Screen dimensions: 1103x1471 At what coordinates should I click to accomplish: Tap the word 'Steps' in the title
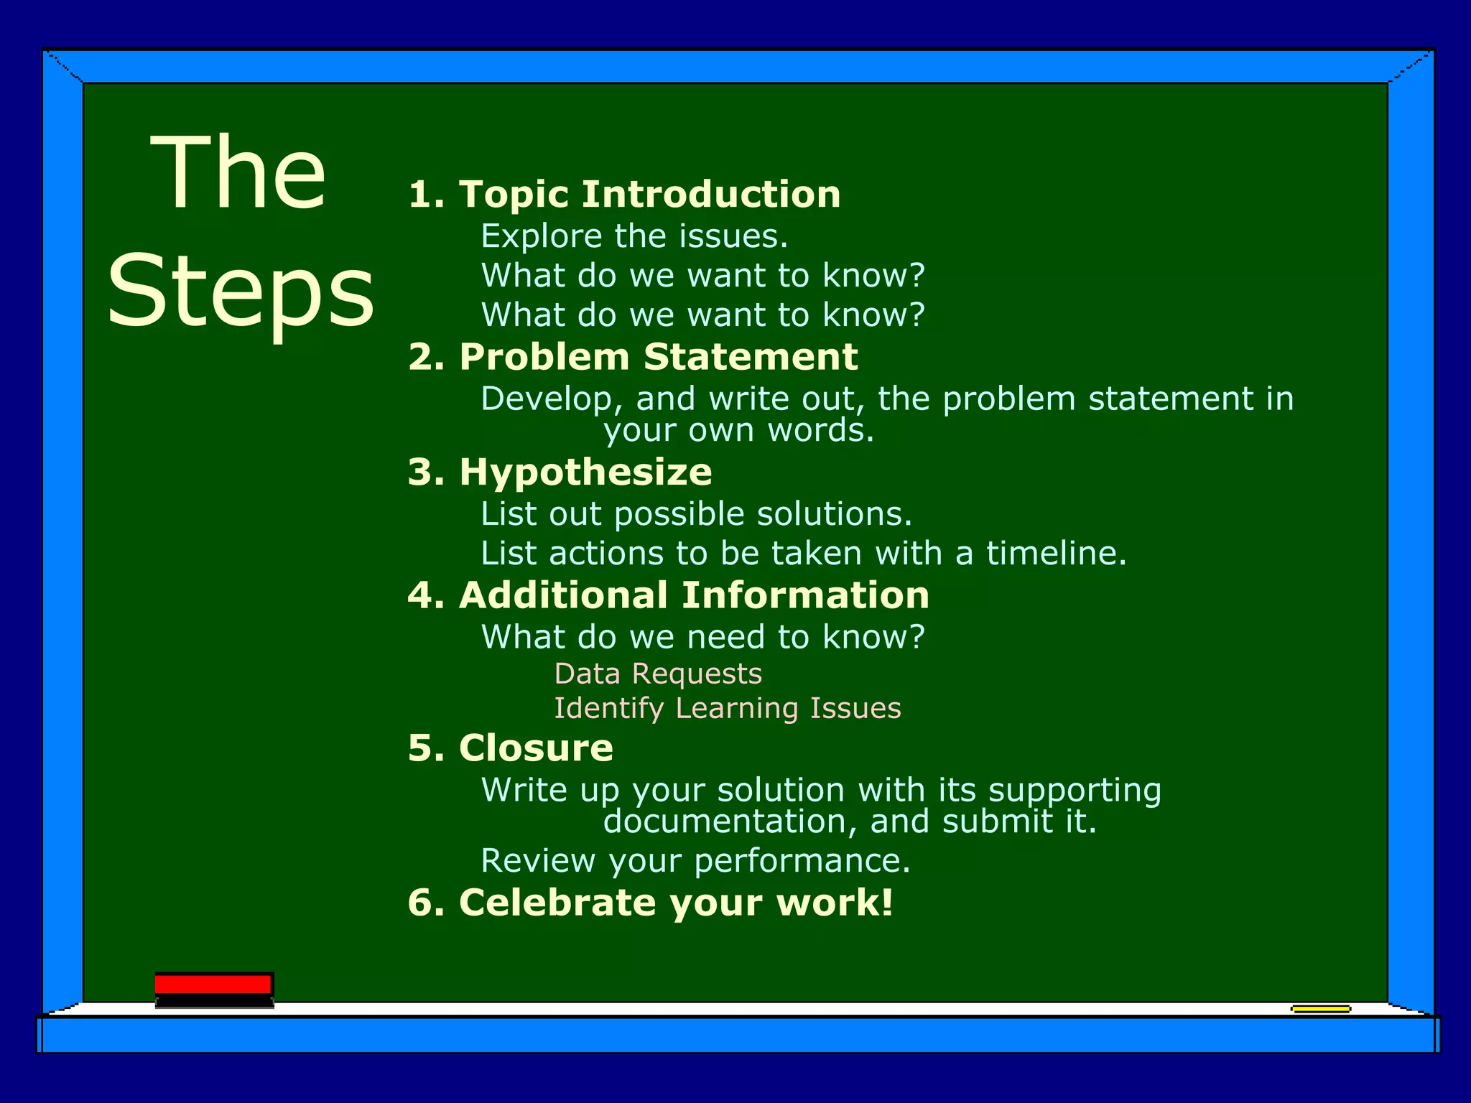[241, 291]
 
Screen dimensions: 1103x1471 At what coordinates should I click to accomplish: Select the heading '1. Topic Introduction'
[624, 194]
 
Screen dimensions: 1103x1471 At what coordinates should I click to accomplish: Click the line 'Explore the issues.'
[634, 236]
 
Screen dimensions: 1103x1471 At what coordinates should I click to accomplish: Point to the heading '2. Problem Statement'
[633, 357]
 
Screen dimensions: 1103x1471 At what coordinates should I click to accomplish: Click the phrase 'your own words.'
[738, 430]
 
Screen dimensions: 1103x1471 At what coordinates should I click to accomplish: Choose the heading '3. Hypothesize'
[560, 472]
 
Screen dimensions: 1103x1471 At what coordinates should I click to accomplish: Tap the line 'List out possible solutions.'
[696, 513]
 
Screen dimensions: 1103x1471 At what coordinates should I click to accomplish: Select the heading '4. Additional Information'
[668, 595]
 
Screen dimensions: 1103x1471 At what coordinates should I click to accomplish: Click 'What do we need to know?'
[702, 637]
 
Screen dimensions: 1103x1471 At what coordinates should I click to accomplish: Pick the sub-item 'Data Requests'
[658, 674]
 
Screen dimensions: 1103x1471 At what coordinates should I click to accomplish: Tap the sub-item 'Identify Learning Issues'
[727, 708]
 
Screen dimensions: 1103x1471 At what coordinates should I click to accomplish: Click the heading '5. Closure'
[510, 748]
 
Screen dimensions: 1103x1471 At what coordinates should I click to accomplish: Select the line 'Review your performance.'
[695, 860]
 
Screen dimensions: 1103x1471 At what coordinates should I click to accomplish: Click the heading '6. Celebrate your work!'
[650, 903]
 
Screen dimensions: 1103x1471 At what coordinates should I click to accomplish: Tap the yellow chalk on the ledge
[1320, 1009]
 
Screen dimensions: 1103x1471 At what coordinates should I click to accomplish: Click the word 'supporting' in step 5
[1075, 791]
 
